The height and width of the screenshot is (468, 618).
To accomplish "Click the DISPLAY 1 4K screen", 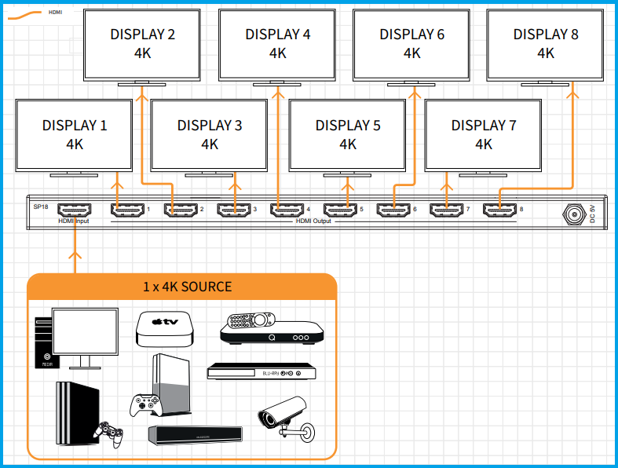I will tap(75, 133).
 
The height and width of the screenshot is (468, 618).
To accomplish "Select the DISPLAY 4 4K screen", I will tap(277, 43).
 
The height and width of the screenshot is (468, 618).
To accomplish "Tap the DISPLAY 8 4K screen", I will tap(546, 43).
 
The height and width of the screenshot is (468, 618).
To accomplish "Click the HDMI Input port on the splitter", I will tap(75, 210).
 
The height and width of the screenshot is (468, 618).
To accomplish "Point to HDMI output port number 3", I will tap(232, 210).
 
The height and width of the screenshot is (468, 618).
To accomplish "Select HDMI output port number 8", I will tap(499, 210).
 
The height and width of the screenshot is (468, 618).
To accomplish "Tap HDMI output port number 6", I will tap(393, 210).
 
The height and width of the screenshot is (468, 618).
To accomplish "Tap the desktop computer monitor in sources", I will tap(85, 334).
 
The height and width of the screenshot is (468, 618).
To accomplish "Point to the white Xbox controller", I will tap(145, 405).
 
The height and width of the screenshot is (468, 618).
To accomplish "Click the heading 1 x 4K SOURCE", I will tap(187, 287).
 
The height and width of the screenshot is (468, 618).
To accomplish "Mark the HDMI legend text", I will tap(55, 13).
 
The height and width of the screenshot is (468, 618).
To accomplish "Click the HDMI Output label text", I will tap(313, 221).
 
